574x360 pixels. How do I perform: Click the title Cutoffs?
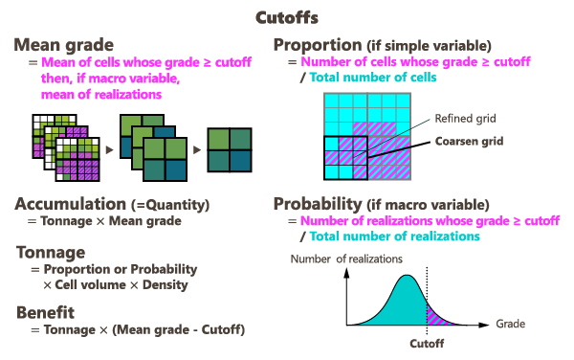coord(287,17)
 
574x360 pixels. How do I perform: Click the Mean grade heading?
coord(64,45)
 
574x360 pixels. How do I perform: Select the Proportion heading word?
coord(318,45)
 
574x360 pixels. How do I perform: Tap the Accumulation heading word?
coord(70,204)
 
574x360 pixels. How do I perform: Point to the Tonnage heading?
coord(51,253)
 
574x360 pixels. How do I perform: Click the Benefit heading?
coord(45,312)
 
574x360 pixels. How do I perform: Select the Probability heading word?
coord(318,204)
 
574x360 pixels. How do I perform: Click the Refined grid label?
coord(465,119)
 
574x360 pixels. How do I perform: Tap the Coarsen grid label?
coord(469,141)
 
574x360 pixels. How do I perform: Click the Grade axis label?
coord(510,324)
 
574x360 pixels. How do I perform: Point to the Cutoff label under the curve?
coord(427,344)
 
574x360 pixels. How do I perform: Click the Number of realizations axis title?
coord(346,259)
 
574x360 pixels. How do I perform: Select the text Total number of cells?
coord(373,78)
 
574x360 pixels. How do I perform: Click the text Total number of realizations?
coord(394,236)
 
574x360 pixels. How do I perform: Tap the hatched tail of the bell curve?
coord(438,315)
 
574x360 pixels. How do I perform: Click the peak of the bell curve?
coord(407,276)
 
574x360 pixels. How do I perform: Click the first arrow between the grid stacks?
coord(109,149)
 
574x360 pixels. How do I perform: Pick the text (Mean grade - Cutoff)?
coord(178,330)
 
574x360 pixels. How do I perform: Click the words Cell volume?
coord(90,285)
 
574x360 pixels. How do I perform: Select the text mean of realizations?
coord(101,95)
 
